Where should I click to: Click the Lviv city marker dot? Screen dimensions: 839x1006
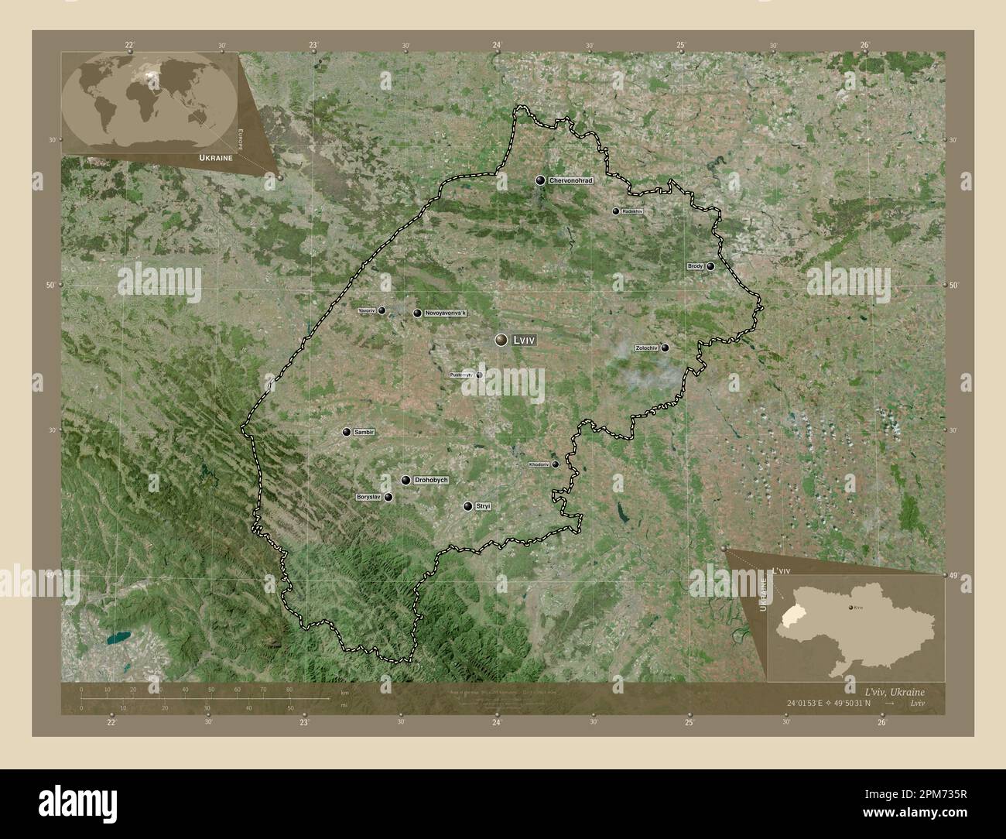click(501, 340)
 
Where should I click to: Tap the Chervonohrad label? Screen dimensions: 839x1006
click(570, 180)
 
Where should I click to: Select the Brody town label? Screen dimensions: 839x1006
click(695, 266)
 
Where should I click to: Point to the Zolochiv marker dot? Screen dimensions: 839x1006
click(665, 348)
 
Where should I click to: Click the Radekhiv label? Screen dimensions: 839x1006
click(632, 211)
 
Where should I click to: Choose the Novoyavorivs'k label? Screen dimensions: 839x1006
click(447, 313)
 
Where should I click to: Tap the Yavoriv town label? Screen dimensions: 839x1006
click(367, 310)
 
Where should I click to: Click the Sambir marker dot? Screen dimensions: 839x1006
click(347, 432)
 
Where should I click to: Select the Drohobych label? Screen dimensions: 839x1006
click(431, 481)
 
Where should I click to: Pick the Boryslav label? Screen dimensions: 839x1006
click(369, 498)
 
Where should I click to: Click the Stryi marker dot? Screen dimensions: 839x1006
click(467, 506)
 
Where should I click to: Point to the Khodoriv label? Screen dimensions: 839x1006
click(538, 464)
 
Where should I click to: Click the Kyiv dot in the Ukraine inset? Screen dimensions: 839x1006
click(852, 609)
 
